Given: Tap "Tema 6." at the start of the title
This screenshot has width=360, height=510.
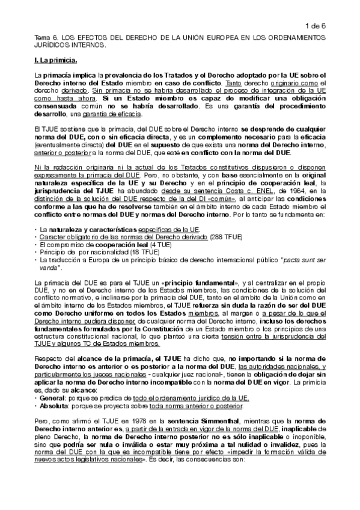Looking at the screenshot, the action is [47, 37].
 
